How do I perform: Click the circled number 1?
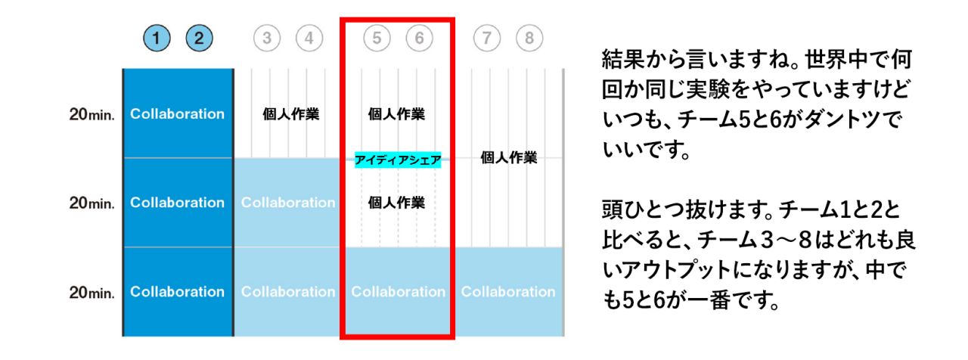[157, 38]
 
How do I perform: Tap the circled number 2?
[199, 38]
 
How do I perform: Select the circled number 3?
[267, 38]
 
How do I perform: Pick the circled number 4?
[309, 38]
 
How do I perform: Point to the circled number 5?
[377, 38]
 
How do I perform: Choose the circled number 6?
[420, 38]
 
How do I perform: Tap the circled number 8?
[530, 38]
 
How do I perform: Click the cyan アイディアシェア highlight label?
[398, 160]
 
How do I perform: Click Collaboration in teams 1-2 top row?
[178, 114]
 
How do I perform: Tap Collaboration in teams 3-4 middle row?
[288, 203]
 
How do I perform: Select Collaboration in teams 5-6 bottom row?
[399, 292]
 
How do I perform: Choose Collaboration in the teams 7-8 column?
[508, 292]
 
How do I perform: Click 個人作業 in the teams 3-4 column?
[290, 115]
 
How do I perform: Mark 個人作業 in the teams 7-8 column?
[508, 158]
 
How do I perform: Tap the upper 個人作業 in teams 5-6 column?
[396, 115]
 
